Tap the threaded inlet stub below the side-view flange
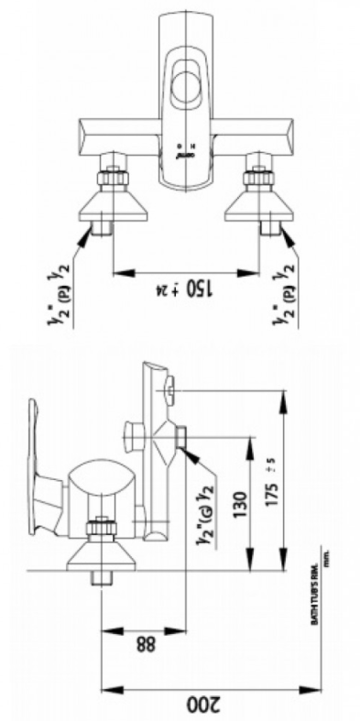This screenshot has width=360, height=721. (100, 580)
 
